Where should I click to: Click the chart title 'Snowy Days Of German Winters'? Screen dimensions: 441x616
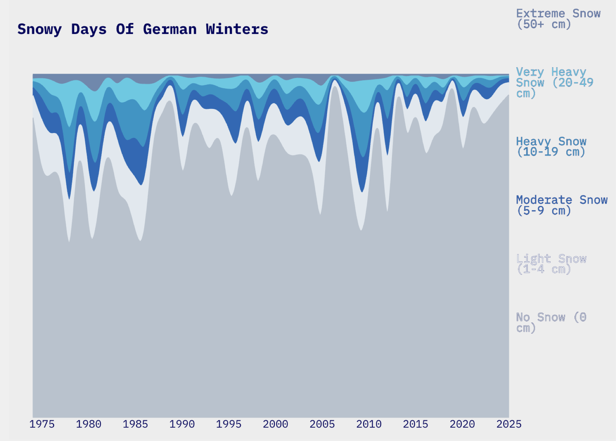tap(143, 29)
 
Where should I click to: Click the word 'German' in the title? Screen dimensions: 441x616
tap(170, 29)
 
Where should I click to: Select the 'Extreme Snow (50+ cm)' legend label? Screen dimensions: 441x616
tap(558, 19)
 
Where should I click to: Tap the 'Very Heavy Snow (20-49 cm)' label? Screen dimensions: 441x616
tap(554, 83)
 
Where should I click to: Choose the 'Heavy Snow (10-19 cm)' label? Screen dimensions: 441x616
tap(551, 147)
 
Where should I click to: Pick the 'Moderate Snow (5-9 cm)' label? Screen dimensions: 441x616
tap(561, 205)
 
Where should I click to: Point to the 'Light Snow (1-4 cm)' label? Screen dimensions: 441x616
tap(551, 264)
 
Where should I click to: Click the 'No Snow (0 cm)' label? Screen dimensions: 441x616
tap(551, 323)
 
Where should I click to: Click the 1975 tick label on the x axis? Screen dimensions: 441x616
tap(42, 424)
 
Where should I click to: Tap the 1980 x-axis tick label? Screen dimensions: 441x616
tap(89, 424)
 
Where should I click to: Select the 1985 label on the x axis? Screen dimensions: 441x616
tap(135, 424)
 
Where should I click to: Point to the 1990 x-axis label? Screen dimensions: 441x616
tap(182, 424)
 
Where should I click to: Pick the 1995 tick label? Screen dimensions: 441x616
tap(229, 424)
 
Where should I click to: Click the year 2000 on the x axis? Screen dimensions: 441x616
tap(275, 424)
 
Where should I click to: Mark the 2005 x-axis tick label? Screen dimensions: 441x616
tap(322, 424)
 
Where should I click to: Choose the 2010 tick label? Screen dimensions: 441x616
tap(369, 424)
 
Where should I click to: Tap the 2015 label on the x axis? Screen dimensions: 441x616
tap(416, 424)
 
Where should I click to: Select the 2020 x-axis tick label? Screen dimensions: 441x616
tap(462, 424)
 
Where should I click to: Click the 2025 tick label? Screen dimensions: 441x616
tap(509, 424)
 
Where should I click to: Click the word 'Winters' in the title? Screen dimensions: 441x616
tap(237, 29)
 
